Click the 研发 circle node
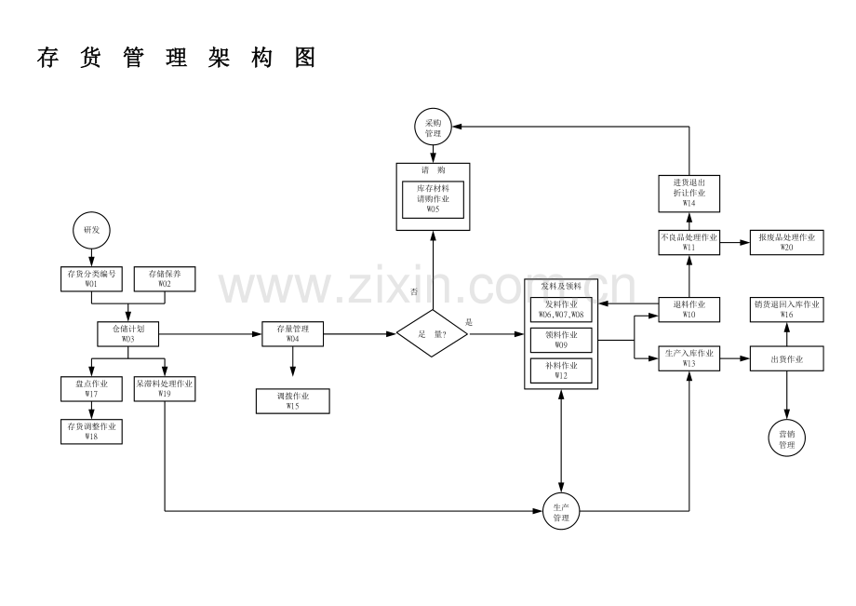(91, 229)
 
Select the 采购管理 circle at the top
(433, 128)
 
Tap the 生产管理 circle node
(560, 511)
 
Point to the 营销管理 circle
(787, 438)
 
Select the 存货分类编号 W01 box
(91, 279)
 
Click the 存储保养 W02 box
(165, 279)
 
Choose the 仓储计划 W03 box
(128, 333)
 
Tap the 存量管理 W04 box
(293, 333)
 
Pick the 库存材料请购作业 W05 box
(433, 199)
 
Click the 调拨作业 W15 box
(293, 400)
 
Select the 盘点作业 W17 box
(91, 388)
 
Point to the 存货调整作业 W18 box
(91, 430)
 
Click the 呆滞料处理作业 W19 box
(165, 388)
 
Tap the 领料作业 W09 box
(561, 339)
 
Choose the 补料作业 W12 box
(561, 370)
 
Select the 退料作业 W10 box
(689, 309)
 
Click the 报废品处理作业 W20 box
(787, 242)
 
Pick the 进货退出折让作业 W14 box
(689, 193)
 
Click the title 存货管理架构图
(177, 58)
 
